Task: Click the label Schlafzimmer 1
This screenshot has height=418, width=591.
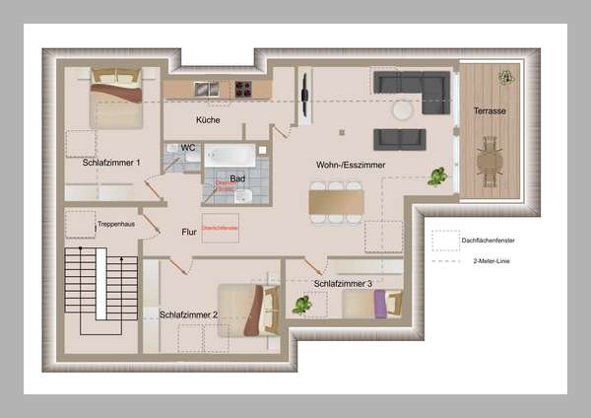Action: (112, 163)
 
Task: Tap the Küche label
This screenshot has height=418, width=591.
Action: (208, 120)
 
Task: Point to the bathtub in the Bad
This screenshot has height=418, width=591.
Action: (230, 156)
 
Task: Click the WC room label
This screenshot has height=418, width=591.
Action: (189, 147)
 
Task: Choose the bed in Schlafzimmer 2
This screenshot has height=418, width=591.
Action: (250, 308)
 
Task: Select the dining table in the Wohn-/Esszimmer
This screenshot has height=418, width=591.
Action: (336, 202)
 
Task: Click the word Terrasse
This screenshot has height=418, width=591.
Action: (490, 111)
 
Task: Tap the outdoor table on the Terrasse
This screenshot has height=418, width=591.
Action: (490, 159)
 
